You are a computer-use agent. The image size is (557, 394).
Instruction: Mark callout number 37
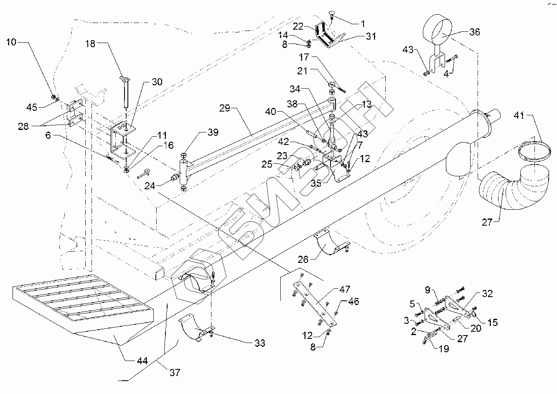[x=175, y=372]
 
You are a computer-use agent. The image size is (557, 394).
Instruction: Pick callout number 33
[x=259, y=343]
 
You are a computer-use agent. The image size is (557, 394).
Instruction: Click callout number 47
[x=345, y=289]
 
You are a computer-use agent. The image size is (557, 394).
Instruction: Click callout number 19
[x=443, y=349]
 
